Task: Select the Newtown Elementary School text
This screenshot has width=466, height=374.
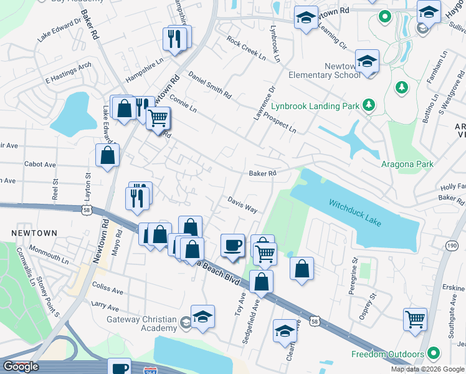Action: [324, 70]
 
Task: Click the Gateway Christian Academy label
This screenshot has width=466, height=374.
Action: [142, 324]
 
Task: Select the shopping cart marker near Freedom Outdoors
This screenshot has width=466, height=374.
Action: [415, 319]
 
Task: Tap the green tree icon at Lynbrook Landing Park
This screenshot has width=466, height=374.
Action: [369, 105]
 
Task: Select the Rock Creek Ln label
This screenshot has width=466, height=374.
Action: [246, 49]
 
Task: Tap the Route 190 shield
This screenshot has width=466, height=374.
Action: [452, 247]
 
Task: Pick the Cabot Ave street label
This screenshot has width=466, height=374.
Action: [40, 165]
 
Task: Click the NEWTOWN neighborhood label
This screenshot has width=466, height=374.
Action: [34, 233]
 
